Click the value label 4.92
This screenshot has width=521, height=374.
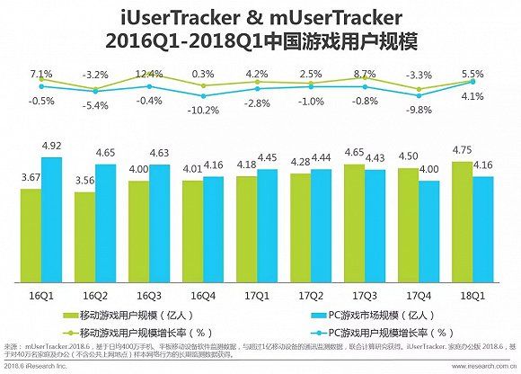[52, 146]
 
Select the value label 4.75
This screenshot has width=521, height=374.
[459, 150]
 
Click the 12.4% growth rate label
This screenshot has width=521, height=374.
[148, 73]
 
